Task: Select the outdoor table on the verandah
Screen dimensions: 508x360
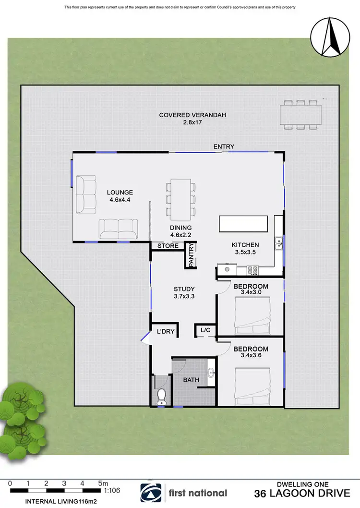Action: (301, 114)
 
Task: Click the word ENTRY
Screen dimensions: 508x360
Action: (224, 146)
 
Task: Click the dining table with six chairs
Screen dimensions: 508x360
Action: (181, 198)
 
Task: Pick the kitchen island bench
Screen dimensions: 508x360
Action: (243, 223)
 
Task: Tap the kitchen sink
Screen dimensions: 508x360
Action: (278, 244)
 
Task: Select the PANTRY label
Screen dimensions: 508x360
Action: (191, 255)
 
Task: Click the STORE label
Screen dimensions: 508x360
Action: (168, 246)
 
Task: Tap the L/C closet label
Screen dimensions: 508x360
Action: (205, 330)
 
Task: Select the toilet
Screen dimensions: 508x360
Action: (162, 396)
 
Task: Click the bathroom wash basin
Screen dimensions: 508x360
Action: (211, 373)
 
